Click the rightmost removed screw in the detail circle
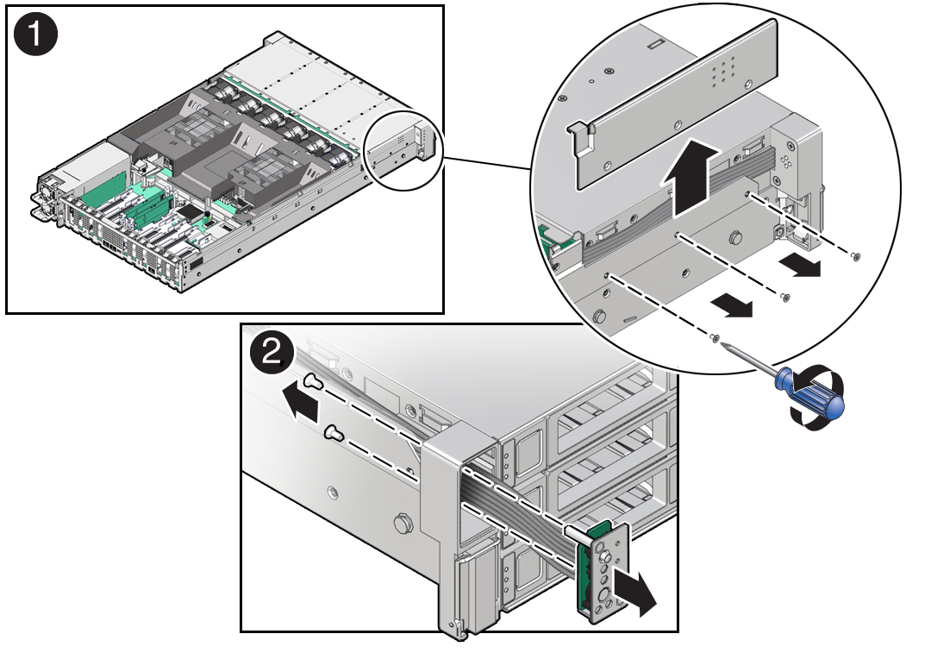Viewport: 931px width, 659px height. (854, 255)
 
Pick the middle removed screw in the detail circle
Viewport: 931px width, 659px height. (784, 298)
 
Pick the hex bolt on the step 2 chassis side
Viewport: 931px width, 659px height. (400, 524)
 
